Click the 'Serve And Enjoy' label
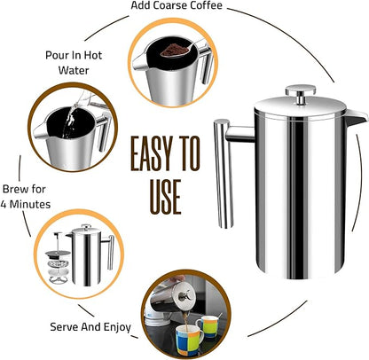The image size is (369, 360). click(x=91, y=327)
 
